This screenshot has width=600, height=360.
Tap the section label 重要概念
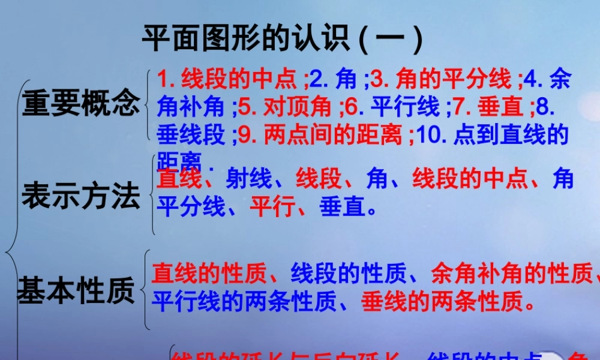point(81,103)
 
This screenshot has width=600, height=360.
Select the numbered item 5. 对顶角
point(284,107)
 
